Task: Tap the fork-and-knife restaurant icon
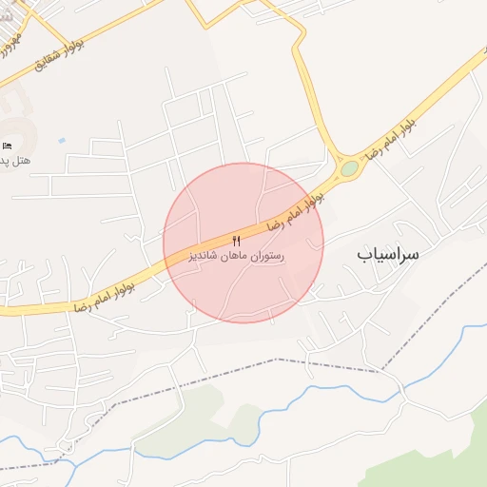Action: point(236,240)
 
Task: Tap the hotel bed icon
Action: point(8,146)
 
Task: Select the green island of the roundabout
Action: point(350,168)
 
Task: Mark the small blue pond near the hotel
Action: point(62,141)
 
